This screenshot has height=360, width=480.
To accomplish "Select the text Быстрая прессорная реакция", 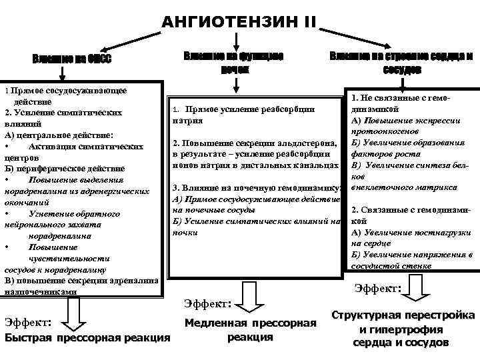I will [87, 338].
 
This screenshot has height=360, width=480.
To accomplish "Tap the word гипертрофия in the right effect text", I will [407, 329].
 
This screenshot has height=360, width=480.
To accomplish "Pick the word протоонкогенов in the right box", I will [381, 131].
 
